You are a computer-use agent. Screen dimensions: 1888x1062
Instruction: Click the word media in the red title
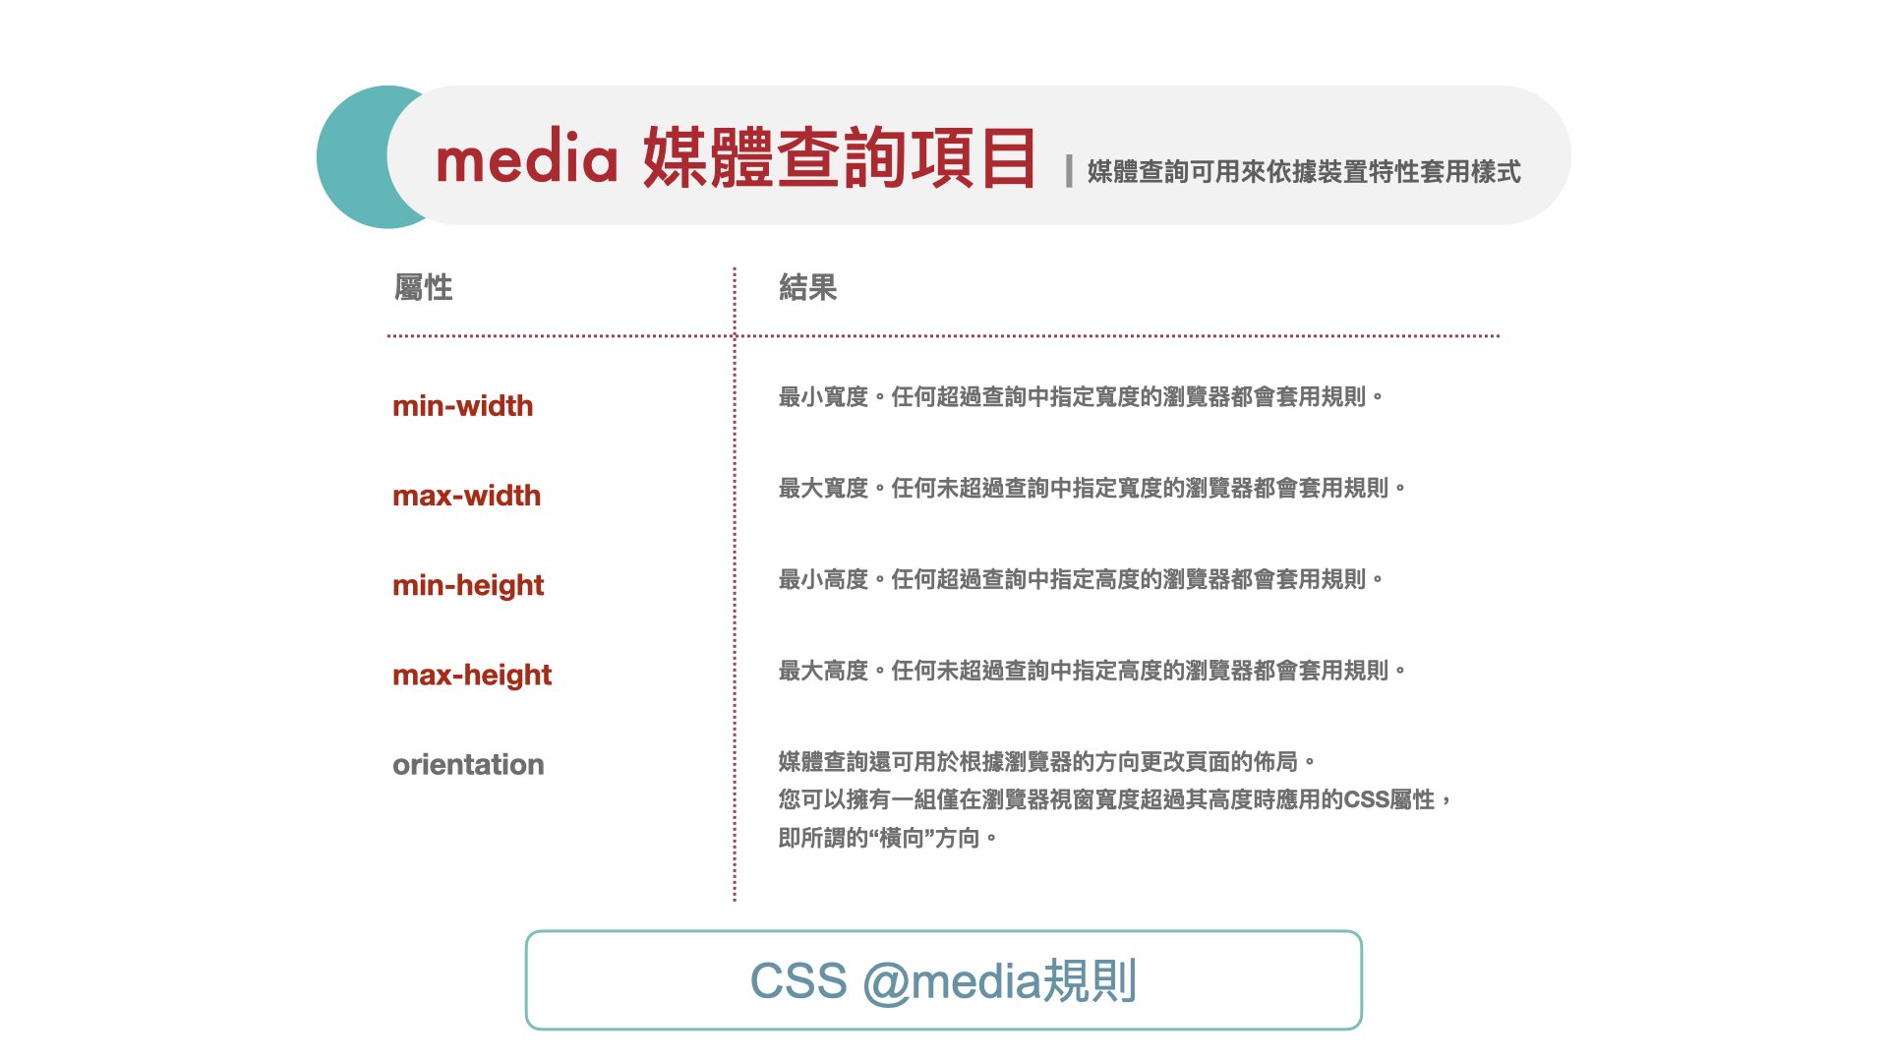click(x=526, y=156)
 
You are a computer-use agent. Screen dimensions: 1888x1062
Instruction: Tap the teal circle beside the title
click(x=354, y=157)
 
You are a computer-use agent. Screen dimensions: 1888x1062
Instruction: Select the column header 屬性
click(x=423, y=287)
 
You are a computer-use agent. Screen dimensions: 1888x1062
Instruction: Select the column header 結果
click(x=807, y=287)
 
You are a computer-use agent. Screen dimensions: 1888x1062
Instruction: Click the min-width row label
click(x=462, y=406)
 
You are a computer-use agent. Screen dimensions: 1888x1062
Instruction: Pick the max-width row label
click(x=466, y=496)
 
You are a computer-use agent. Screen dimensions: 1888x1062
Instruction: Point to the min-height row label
click(x=468, y=586)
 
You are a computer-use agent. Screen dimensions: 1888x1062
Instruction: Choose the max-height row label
click(x=472, y=676)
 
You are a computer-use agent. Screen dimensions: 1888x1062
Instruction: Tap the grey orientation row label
click(x=468, y=765)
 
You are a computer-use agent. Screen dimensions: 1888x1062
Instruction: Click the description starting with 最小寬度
click(x=1081, y=397)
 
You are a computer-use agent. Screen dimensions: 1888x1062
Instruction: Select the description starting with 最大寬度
click(x=1092, y=488)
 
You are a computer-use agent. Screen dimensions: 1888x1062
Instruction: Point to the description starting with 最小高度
click(x=1081, y=579)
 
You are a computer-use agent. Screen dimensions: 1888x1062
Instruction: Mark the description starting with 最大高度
click(x=1092, y=671)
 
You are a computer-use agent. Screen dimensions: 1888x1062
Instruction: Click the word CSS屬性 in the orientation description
click(x=1389, y=799)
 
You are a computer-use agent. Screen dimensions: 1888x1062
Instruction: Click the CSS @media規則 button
click(x=944, y=980)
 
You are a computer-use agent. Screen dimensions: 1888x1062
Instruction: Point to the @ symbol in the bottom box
click(x=886, y=982)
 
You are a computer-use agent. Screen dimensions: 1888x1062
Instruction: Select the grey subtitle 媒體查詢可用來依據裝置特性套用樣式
click(x=1304, y=172)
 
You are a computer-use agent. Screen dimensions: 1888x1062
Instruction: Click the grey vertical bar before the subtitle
click(x=1069, y=171)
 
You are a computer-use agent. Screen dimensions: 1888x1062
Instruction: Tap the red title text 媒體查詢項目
click(x=840, y=157)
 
